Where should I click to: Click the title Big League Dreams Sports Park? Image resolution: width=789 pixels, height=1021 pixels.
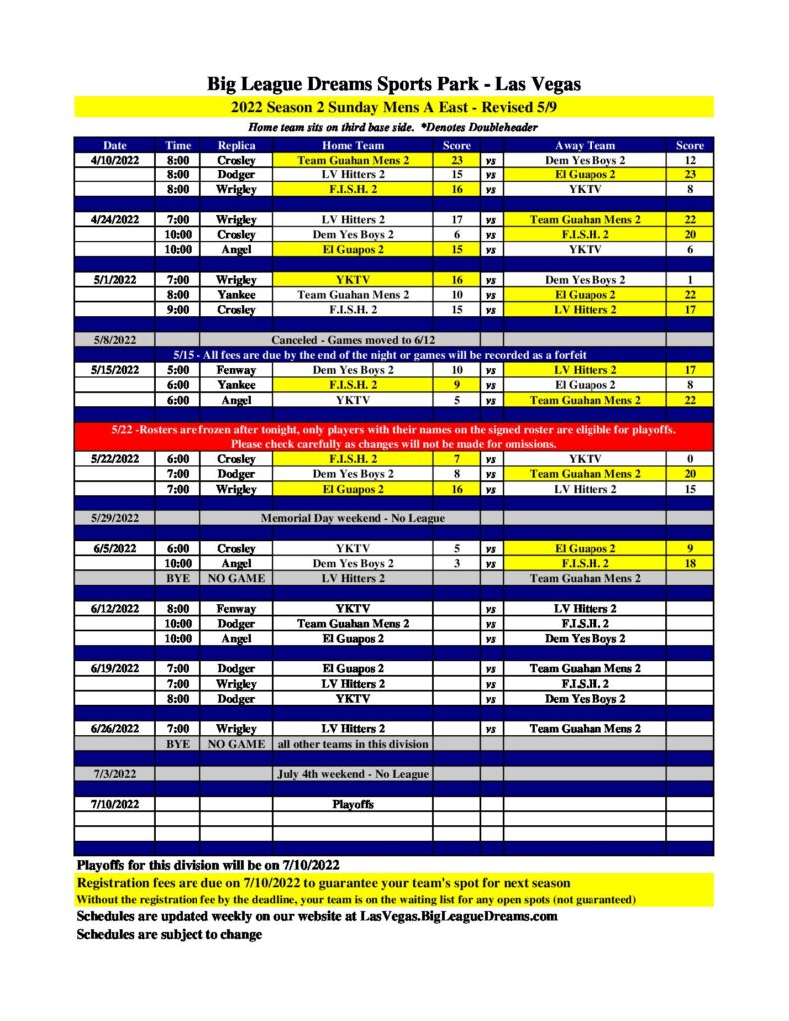pos(394,84)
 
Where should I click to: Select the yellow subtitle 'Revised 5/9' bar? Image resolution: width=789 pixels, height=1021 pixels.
pos(394,107)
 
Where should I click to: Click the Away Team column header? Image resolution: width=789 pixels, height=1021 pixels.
pos(585,145)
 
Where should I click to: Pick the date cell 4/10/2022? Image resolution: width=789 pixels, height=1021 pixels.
pos(114,160)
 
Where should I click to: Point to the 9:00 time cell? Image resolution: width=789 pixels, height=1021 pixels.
pos(178,310)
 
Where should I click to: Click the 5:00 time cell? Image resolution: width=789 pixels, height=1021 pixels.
pos(178,370)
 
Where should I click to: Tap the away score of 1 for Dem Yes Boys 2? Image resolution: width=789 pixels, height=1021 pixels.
pos(690,280)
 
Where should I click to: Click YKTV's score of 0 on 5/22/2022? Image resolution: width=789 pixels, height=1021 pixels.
pos(690,459)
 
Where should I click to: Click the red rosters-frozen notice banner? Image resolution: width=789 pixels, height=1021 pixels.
pos(394,436)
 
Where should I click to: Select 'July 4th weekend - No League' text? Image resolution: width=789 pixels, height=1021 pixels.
pos(354,774)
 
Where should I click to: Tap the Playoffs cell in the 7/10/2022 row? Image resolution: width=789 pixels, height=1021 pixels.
pos(354,804)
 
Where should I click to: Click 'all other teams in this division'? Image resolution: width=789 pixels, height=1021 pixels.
pos(354,744)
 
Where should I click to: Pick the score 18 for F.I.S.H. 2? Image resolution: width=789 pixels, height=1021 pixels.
pos(690,563)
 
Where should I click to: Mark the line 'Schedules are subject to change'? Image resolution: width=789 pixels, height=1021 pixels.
pos(170,934)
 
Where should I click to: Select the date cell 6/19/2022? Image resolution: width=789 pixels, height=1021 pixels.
pos(114,669)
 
